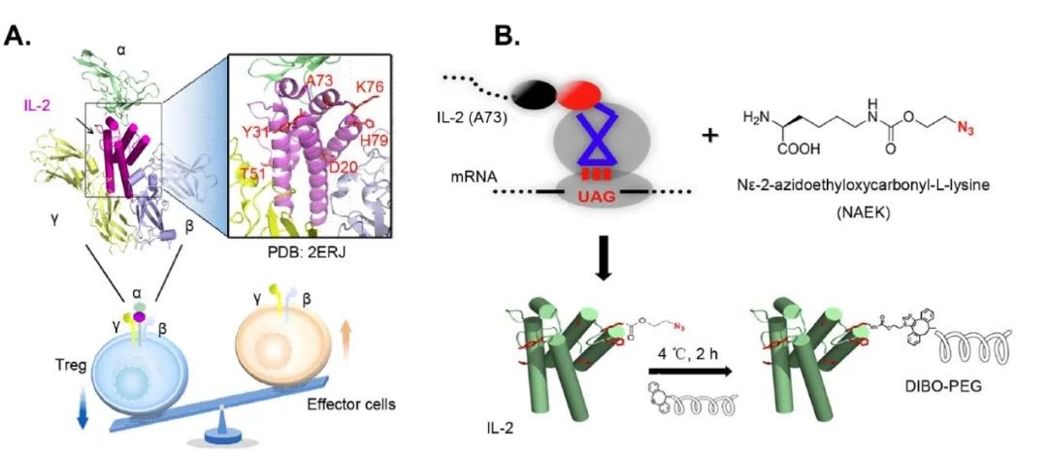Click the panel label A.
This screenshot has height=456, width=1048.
coord(20,37)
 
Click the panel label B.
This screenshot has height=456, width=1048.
coord(507,37)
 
